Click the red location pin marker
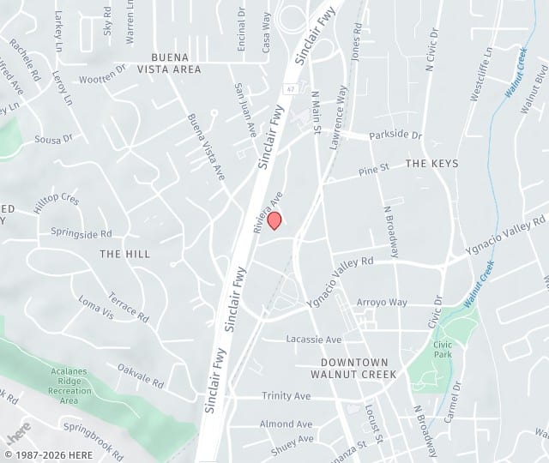tap(274, 220)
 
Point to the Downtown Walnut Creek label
tap(353, 369)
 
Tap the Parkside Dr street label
tap(395, 135)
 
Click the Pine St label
tap(374, 170)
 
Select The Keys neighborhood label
tap(431, 163)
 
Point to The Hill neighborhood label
tap(124, 254)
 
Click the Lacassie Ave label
tap(314, 339)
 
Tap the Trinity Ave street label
tap(287, 396)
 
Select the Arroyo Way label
tap(382, 303)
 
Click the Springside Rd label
tap(81, 233)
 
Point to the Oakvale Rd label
tap(141, 375)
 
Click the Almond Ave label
tap(287, 424)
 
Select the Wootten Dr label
tap(102, 79)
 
